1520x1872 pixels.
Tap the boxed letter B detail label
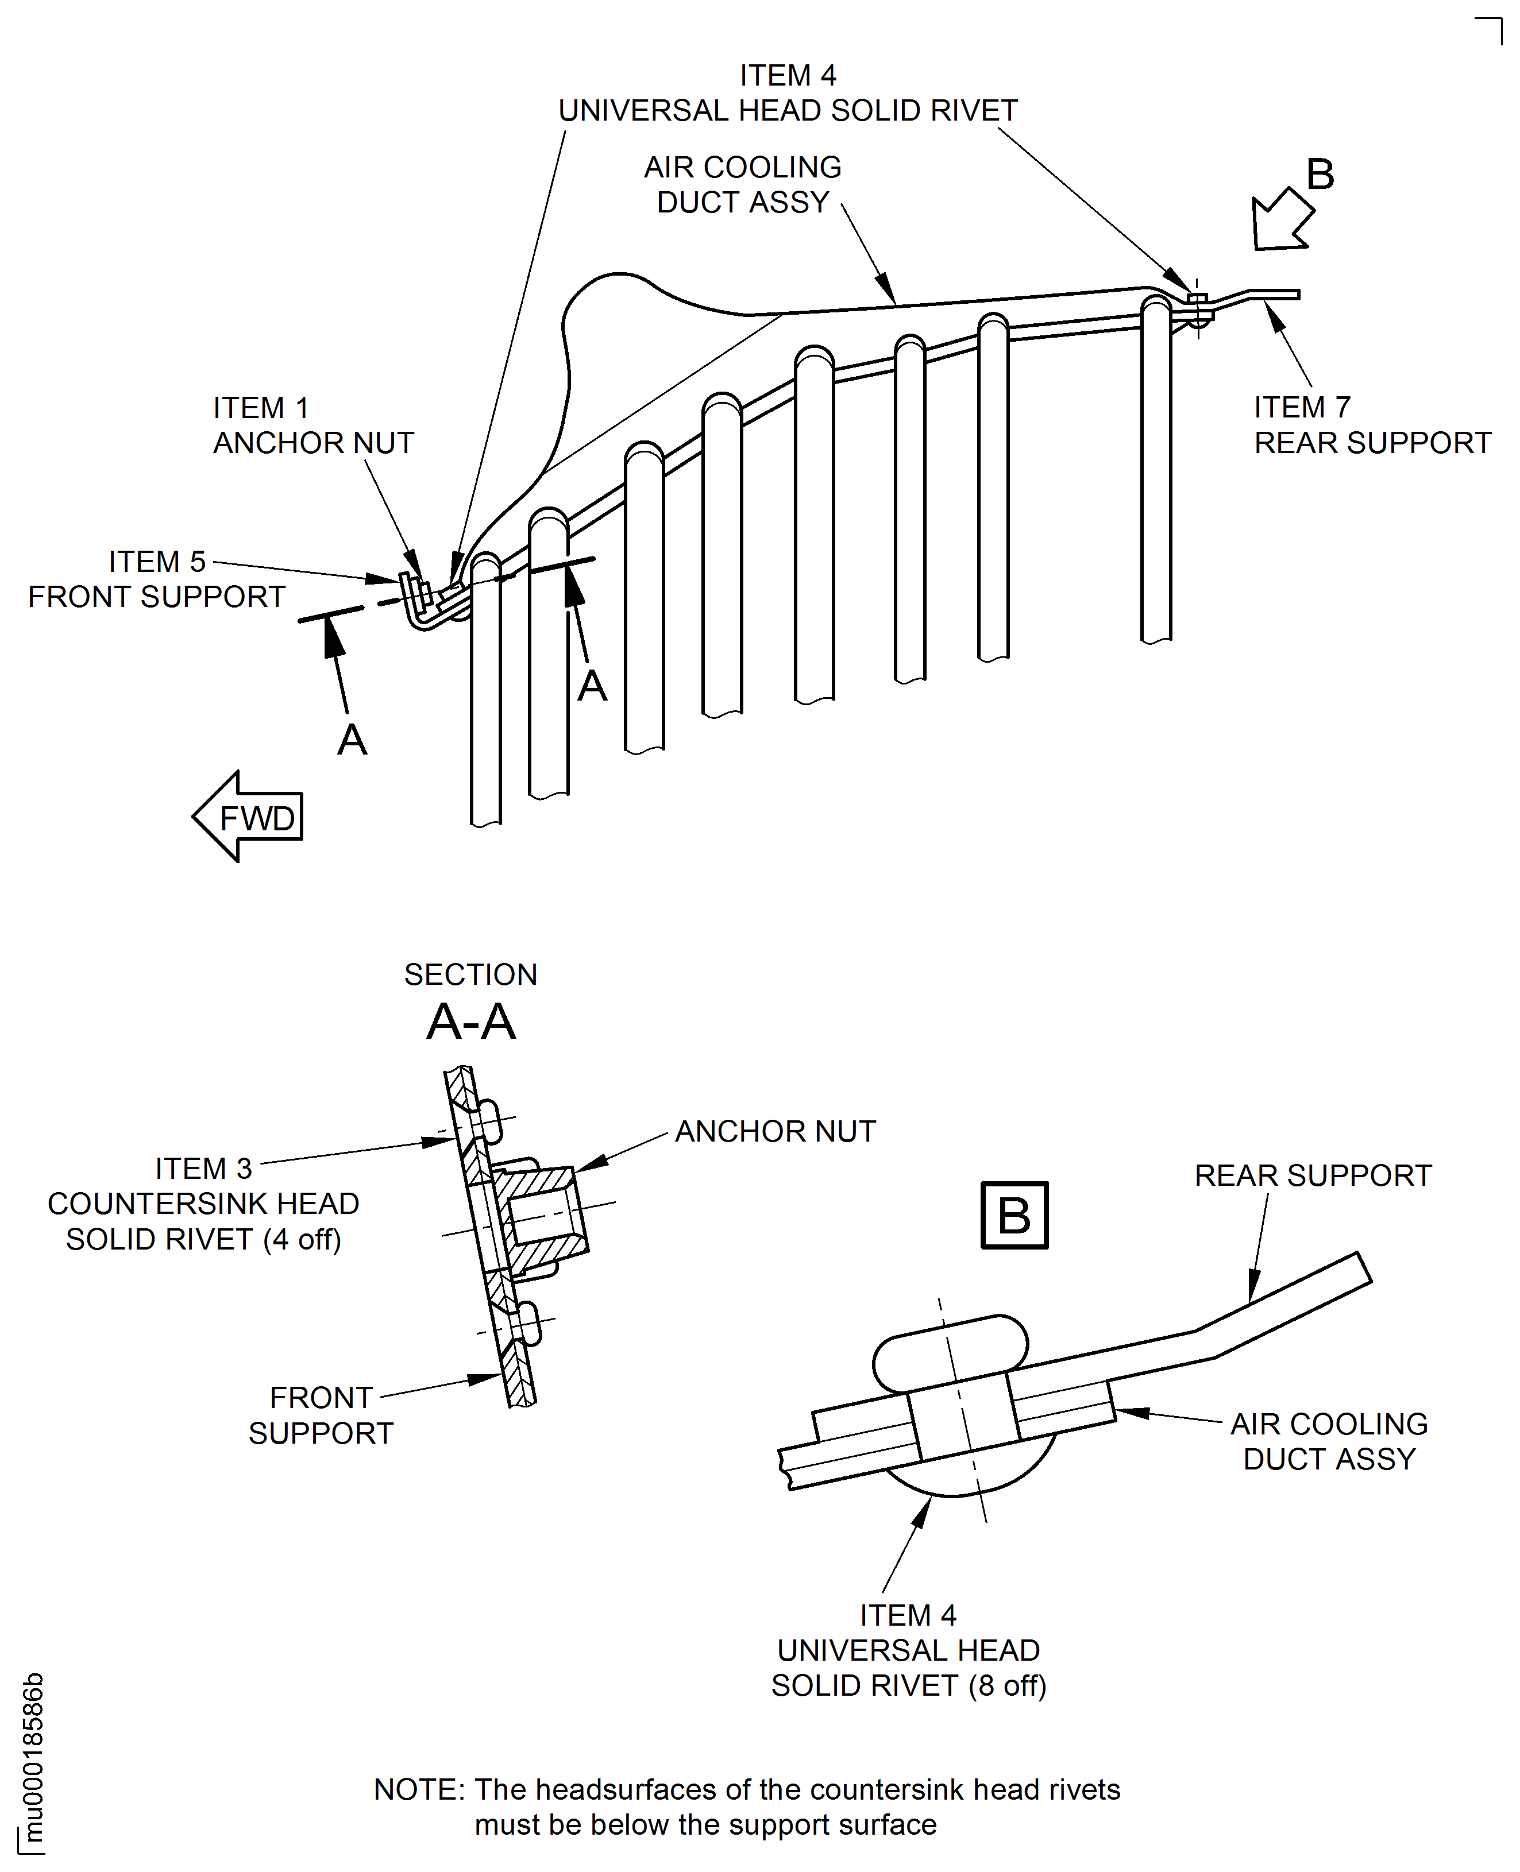coord(1014,1216)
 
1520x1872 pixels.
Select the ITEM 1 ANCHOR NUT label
coord(313,426)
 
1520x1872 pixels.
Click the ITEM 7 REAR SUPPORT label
coord(1372,426)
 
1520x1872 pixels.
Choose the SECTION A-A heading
coord(471,1002)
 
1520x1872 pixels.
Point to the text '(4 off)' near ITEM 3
coord(302,1239)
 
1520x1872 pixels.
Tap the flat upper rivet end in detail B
coord(950,1353)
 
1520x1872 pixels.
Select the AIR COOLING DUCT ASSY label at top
coord(743,185)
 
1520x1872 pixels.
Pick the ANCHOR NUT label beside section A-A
coord(775,1132)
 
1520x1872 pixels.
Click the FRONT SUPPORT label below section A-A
coord(321,1415)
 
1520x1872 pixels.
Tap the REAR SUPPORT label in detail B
coord(1313,1175)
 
